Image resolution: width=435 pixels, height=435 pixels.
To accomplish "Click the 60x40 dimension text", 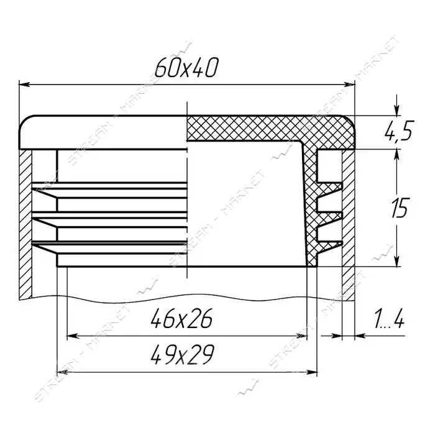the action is click(x=186, y=68).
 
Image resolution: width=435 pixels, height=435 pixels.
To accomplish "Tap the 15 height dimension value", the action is click(x=400, y=207).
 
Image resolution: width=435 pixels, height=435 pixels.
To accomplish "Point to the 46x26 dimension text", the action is click(x=181, y=318).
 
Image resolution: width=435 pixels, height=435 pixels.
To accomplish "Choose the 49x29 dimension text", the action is click(x=182, y=355).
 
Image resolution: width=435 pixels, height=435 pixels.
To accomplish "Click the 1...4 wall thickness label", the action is click(x=389, y=319).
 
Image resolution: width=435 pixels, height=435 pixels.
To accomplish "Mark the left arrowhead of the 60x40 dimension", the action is click(x=24, y=85).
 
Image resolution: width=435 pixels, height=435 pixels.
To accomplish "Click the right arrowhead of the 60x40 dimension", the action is click(x=349, y=85).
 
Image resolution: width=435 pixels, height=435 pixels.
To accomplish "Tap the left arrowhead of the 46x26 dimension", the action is click(x=73, y=336).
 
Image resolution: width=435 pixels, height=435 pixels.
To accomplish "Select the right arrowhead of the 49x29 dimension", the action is click(x=311, y=372).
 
